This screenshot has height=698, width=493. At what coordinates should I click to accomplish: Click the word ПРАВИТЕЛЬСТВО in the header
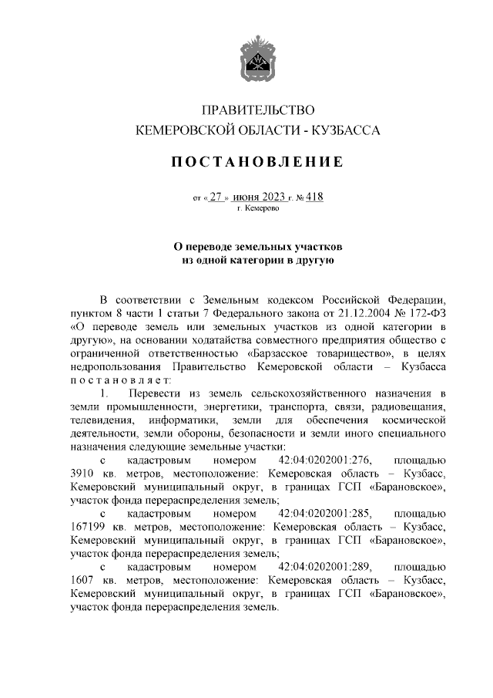click(x=257, y=110)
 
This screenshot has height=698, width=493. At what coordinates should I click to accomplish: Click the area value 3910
click(x=81, y=474)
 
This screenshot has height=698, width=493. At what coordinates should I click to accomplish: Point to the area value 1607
click(x=81, y=580)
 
